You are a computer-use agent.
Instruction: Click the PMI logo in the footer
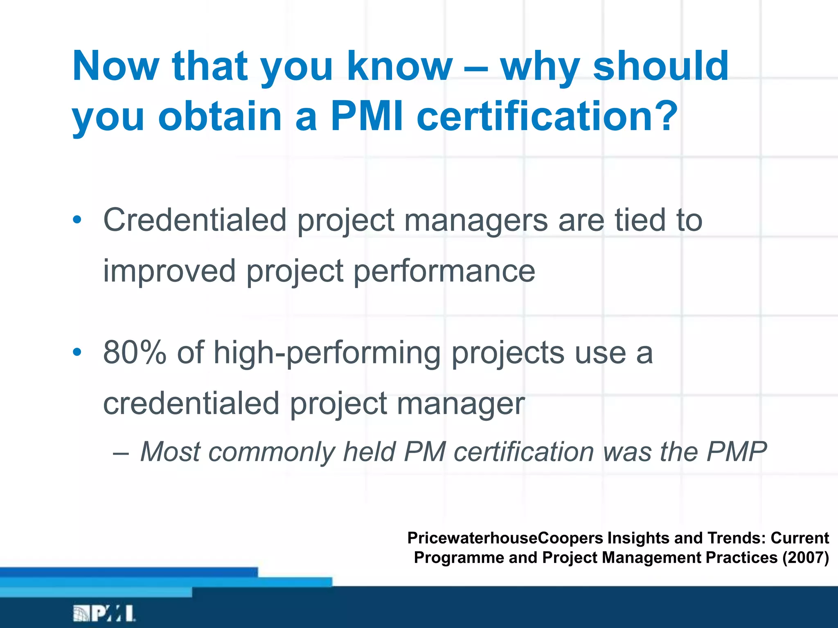click(x=104, y=614)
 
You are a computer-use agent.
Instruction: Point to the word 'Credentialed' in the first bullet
click(x=195, y=220)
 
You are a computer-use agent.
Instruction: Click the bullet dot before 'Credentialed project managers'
click(x=77, y=220)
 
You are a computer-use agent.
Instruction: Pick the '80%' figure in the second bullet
click(x=135, y=352)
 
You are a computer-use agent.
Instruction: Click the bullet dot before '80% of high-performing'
click(x=77, y=352)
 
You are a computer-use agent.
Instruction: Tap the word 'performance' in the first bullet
click(x=444, y=271)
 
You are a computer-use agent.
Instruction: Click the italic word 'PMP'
click(x=736, y=452)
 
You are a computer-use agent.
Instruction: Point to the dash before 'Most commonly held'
click(x=121, y=453)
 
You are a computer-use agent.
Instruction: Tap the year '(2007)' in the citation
click(x=806, y=558)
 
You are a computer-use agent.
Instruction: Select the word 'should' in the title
click(x=661, y=66)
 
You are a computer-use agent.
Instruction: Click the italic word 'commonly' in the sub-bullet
click(x=272, y=452)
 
